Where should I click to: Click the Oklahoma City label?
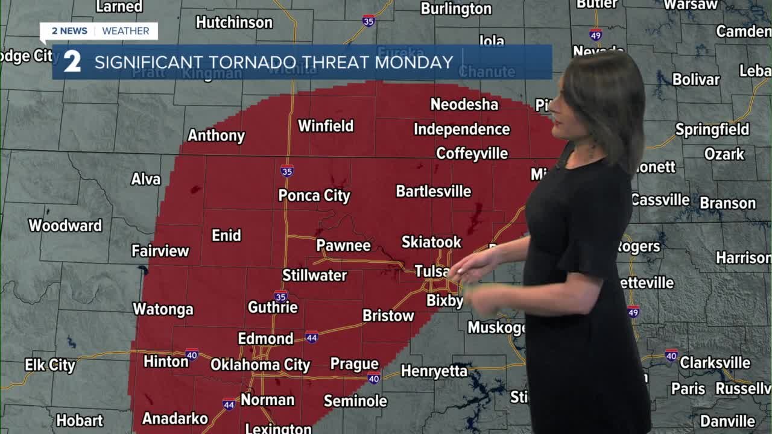click(260, 365)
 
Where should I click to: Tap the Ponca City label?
click(314, 195)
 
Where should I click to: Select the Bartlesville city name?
click(433, 191)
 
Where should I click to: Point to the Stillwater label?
click(314, 275)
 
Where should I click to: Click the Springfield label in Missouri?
click(712, 130)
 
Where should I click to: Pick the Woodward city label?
click(65, 225)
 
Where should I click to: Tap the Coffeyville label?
click(472, 153)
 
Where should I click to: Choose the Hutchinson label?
click(234, 22)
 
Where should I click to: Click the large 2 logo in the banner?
click(72, 61)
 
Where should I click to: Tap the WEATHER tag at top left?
click(125, 31)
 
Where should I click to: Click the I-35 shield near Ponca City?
click(287, 171)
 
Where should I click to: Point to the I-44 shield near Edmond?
click(311, 337)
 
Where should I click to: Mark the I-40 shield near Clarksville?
click(671, 355)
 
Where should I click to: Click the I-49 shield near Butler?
click(596, 34)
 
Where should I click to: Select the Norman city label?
click(267, 400)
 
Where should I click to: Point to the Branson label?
click(727, 203)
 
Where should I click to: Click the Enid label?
click(226, 235)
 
